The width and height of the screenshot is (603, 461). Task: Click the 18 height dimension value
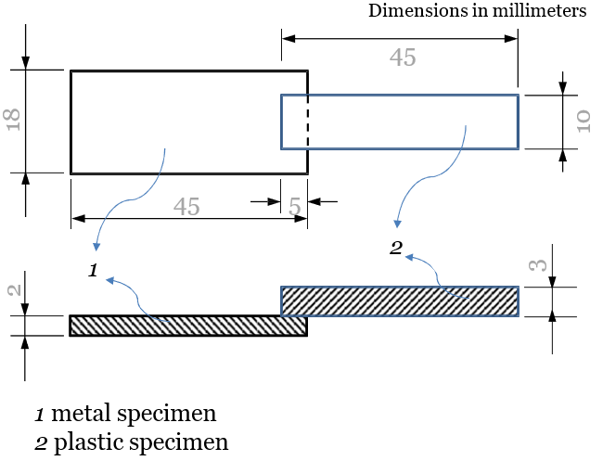pos(14,121)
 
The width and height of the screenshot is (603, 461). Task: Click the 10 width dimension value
pos(583,122)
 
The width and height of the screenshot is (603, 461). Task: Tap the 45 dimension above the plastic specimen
pos(402,58)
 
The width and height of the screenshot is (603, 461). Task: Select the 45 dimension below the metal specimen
pos(186,207)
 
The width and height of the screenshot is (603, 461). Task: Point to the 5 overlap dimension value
pos(295,207)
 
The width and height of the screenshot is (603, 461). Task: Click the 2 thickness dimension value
pos(14,289)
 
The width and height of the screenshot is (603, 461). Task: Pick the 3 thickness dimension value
pos(537,265)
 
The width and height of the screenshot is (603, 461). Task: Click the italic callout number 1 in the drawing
pos(92,270)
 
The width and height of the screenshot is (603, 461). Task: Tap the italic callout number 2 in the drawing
pos(396,248)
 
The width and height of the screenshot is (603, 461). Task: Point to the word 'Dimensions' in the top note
pos(415,11)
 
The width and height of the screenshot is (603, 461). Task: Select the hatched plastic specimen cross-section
pos(400,301)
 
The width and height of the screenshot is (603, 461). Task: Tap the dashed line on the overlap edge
pos(307,122)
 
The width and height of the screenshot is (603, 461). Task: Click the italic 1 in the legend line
pos(39,413)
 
